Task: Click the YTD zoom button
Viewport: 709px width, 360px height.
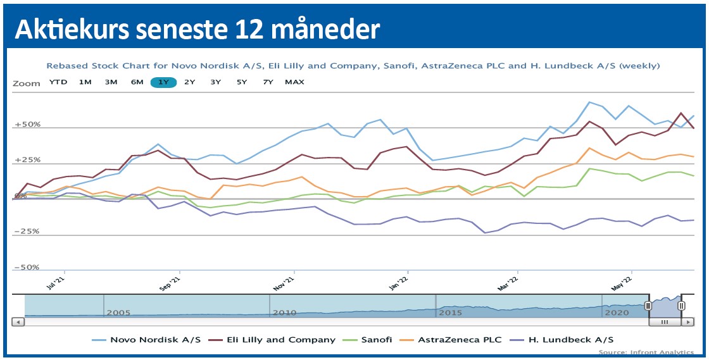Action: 58,82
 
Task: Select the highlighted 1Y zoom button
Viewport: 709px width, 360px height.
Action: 163,82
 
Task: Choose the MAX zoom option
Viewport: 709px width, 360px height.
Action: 294,82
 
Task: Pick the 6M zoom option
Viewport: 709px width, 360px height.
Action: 137,82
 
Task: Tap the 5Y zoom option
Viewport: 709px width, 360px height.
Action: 242,82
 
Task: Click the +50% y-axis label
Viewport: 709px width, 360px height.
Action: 28,125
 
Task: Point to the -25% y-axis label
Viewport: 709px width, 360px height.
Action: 28,232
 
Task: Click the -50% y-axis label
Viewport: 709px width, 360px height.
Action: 28,268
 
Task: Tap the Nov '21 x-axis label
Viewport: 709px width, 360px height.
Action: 285,282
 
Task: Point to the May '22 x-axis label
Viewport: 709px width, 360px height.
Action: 622,282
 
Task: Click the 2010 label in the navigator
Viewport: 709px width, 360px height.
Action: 284,313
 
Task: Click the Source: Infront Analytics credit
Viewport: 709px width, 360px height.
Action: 646,352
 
